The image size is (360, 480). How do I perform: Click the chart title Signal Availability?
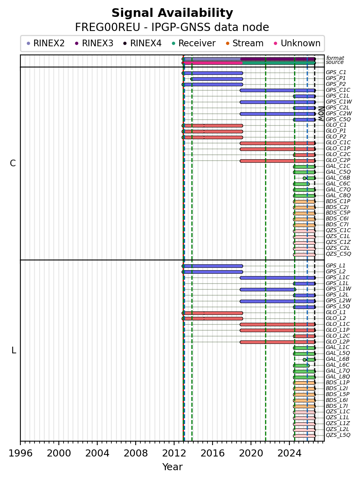click(x=172, y=13)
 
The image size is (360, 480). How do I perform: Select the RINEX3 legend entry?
click(x=94, y=43)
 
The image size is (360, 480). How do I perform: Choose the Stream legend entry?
click(x=245, y=43)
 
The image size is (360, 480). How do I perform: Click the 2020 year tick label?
click(x=251, y=453)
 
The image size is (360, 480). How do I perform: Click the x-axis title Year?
click(x=172, y=467)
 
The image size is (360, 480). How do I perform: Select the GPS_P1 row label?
click(x=336, y=78)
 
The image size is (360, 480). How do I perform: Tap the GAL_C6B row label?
click(x=338, y=178)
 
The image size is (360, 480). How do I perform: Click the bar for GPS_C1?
click(x=212, y=73)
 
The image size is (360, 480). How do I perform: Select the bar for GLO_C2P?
click(x=278, y=161)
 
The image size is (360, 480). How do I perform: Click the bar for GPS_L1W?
click(x=268, y=289)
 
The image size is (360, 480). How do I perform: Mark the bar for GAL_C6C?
click(x=302, y=184)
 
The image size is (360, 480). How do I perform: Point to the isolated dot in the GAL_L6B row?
click(x=304, y=360)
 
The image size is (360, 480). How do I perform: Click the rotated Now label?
click(x=321, y=114)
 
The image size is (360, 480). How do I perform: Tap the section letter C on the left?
click(x=13, y=164)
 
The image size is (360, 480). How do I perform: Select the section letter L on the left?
click(x=14, y=350)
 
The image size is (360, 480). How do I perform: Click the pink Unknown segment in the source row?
click(x=212, y=63)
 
